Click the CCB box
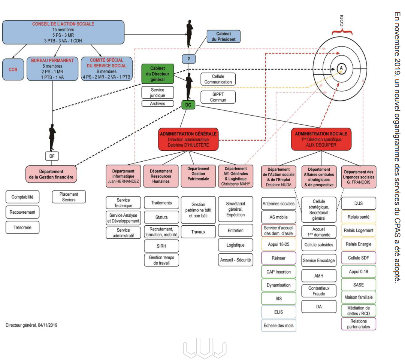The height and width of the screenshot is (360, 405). [x=13, y=68]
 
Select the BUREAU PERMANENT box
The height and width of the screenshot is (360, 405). [x=52, y=68]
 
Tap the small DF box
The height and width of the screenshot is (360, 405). [x=52, y=156]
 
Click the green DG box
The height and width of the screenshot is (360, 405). [x=188, y=105]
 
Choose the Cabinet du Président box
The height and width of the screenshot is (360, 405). [x=223, y=36]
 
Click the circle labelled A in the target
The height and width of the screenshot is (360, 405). [x=341, y=67]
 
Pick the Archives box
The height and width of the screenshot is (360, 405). [x=157, y=104]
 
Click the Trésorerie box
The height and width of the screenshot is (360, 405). [x=22, y=227]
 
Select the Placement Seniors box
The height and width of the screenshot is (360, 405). [x=69, y=197]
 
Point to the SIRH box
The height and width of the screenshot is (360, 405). [x=161, y=246]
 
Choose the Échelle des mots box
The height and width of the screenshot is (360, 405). [x=278, y=325]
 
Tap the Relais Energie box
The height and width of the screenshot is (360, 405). [x=359, y=244]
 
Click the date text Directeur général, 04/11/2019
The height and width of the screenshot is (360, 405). [x=31, y=325]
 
